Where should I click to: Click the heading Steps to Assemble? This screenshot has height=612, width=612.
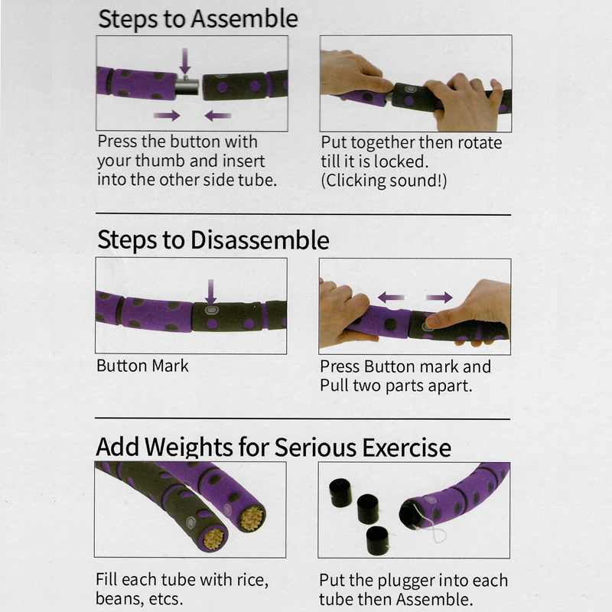(198, 19)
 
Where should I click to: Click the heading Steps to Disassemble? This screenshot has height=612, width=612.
(213, 239)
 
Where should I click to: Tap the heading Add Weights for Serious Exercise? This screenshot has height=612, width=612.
(273, 447)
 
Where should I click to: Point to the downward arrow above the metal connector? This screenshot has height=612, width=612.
(185, 61)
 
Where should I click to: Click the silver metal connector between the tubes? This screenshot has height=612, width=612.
(187, 86)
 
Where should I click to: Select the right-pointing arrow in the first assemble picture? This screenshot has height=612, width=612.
(167, 116)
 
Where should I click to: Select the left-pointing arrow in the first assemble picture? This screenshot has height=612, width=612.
(218, 116)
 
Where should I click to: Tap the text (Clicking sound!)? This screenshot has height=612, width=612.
(384, 181)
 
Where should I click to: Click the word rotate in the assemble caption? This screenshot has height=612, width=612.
(480, 143)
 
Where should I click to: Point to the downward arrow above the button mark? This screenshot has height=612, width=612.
(211, 292)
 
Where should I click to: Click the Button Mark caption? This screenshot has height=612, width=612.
(142, 366)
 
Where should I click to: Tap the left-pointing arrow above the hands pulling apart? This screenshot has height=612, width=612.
(391, 298)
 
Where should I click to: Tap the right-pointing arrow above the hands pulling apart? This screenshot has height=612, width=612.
(439, 298)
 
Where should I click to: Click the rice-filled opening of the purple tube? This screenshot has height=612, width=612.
(252, 519)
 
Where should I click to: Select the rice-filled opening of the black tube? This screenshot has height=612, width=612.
(213, 539)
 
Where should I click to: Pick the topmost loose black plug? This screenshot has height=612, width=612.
(340, 493)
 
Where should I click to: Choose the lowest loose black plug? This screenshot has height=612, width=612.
(377, 541)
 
